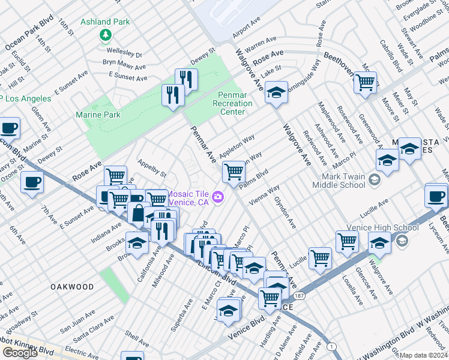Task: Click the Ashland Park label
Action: tap(106, 22)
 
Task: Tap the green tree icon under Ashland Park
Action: tap(106, 35)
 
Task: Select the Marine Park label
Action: tap(98, 115)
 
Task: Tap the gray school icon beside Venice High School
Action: tap(402, 241)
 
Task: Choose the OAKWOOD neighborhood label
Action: tap(71, 287)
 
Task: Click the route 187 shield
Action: tap(299, 295)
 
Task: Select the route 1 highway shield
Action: tap(331, 346)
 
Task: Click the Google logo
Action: tap(20, 352)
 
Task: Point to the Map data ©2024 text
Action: tap(423, 355)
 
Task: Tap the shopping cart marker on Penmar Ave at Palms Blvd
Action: tap(234, 172)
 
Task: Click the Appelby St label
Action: tap(152, 168)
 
